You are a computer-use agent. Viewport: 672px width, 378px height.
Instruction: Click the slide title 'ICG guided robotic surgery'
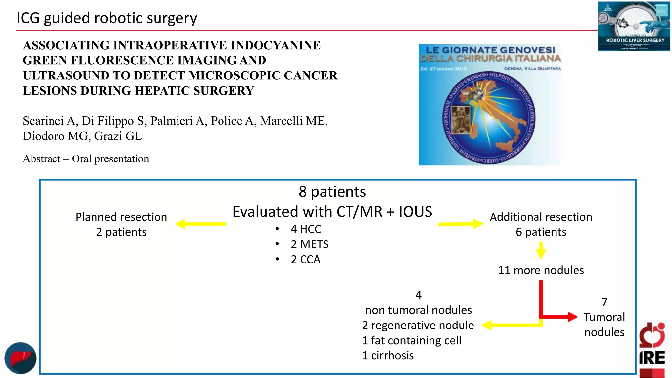[107, 18]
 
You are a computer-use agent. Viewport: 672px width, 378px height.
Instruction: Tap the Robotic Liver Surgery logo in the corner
[634, 26]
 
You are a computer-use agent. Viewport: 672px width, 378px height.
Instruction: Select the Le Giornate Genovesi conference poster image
[490, 105]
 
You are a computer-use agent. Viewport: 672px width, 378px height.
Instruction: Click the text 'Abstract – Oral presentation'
[86, 159]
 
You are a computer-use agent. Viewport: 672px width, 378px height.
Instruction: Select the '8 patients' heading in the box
[332, 192]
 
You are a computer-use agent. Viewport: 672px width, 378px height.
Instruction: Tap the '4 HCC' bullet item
[305, 229]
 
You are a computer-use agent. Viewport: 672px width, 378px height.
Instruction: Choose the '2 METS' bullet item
[309, 244]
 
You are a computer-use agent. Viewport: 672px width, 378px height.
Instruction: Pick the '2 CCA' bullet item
[305, 260]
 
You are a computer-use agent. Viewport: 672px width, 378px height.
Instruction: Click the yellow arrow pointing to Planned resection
[200, 224]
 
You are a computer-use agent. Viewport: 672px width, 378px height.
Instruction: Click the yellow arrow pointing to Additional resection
[461, 224]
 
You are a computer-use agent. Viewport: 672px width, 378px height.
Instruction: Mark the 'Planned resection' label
[121, 217]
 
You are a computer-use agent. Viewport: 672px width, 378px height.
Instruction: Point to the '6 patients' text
[541, 232]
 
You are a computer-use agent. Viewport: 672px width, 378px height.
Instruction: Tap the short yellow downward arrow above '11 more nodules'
[541, 251]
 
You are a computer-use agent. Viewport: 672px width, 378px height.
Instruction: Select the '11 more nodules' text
[541, 270]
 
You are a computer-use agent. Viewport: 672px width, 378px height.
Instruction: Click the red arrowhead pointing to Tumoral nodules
[572, 317]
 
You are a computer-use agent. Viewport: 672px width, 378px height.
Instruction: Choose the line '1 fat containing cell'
[411, 341]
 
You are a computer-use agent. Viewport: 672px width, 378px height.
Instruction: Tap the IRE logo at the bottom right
[652, 349]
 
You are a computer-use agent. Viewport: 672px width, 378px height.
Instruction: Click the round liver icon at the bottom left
[20, 358]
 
